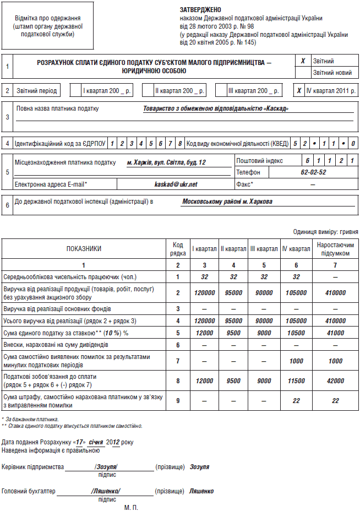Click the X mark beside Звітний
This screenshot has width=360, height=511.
tap(303, 61)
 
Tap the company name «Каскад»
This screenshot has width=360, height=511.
tap(215, 108)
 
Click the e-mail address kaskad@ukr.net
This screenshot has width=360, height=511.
tap(176, 184)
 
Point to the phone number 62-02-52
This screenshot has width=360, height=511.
tap(314, 172)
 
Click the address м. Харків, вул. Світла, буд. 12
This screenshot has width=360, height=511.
tap(166, 162)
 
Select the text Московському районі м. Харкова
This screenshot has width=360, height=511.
tap(227, 202)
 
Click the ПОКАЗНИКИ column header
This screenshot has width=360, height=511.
tap(84, 248)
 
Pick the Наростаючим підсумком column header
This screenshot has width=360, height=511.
tap(335, 248)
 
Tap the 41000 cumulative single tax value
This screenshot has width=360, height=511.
tap(335, 333)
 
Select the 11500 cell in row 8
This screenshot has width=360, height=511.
tap(296, 380)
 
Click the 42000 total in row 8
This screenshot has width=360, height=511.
tap(335, 380)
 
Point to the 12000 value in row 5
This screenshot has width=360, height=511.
tap(204, 333)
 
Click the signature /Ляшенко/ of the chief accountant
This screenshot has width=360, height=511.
tap(106, 491)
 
